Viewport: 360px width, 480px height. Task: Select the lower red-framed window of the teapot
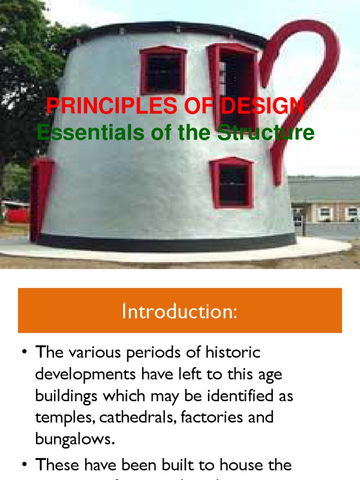(232, 183)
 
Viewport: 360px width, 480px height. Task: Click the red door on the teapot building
(41, 199)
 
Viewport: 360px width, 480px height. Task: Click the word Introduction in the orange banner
(179, 312)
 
